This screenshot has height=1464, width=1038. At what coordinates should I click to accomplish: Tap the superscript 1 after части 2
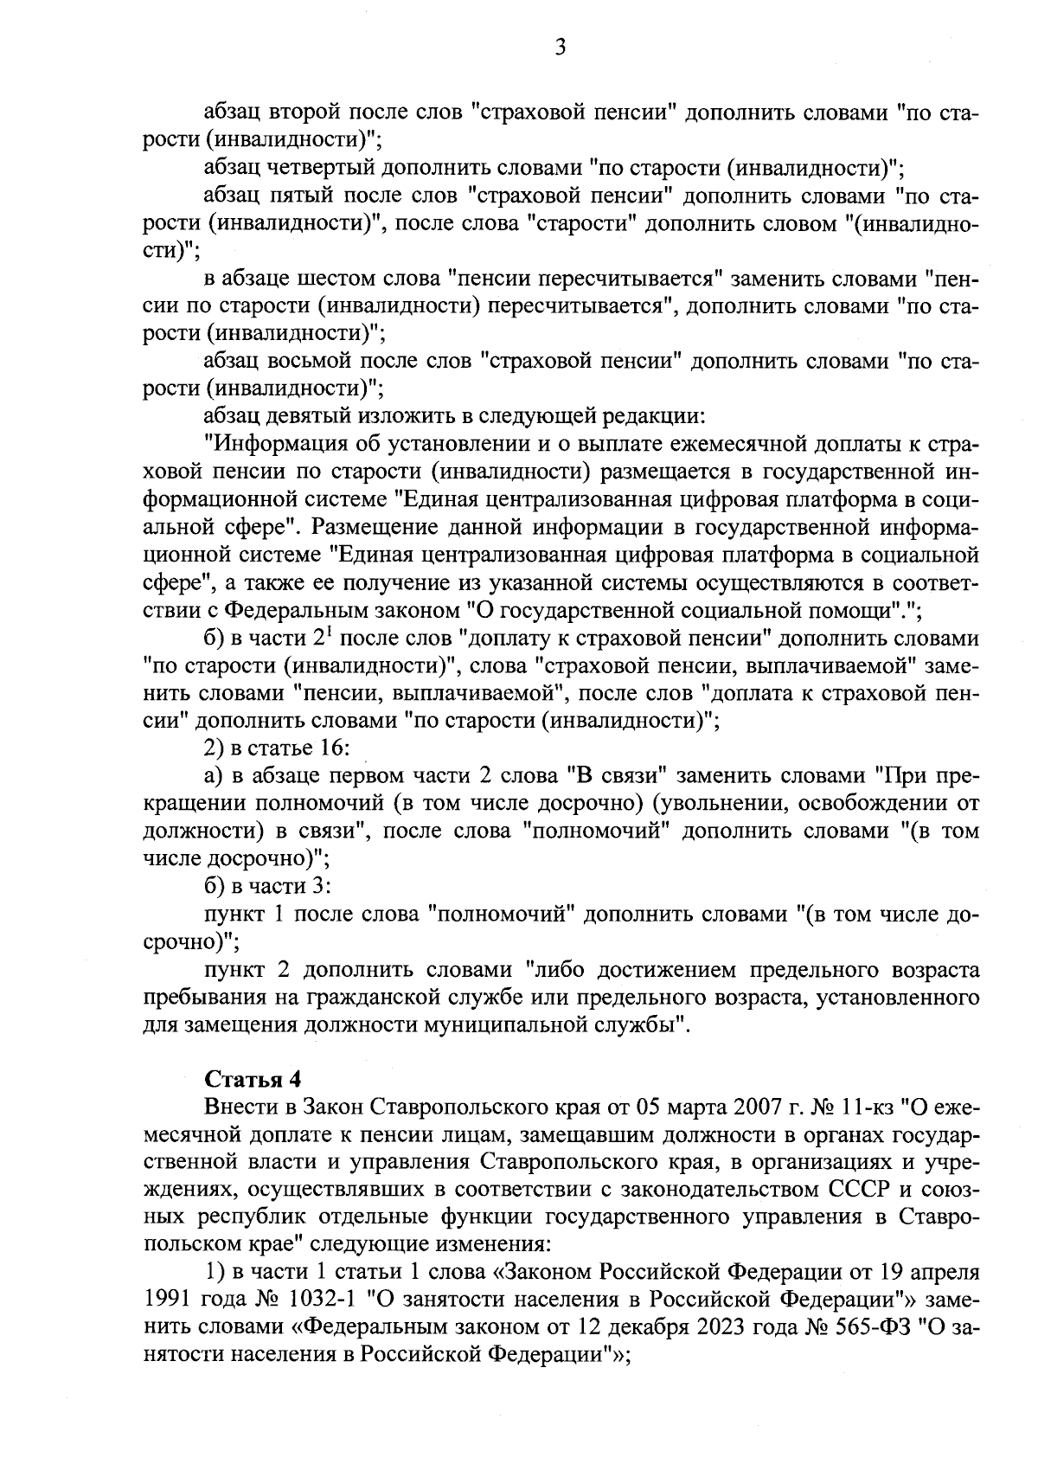pos(331,632)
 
